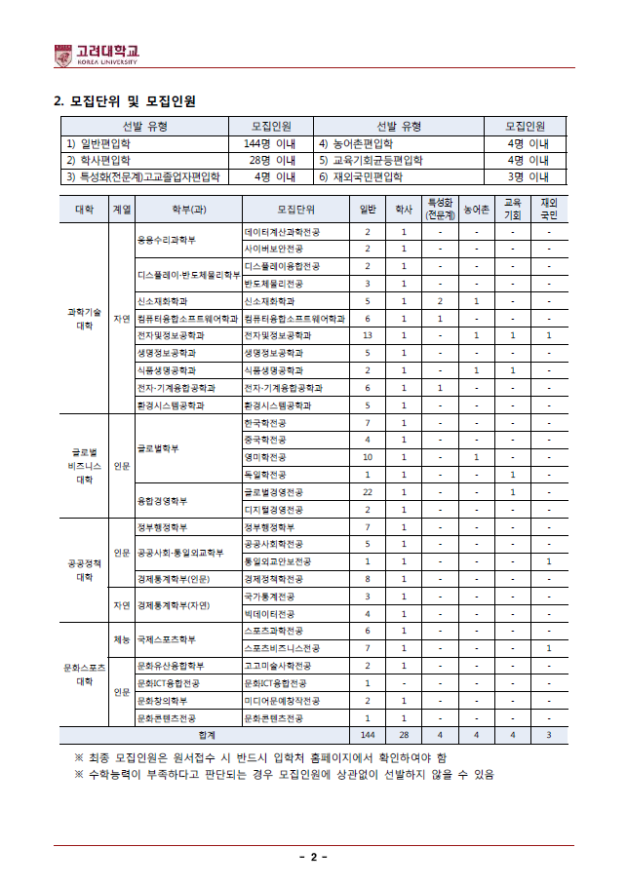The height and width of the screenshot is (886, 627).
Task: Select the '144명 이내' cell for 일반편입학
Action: click(270, 143)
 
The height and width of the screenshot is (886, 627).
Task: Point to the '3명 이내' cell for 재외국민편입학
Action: click(529, 176)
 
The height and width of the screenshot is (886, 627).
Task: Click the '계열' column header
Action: click(122, 209)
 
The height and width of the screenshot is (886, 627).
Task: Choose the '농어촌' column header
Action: click(476, 209)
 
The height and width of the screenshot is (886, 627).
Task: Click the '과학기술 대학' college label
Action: click(85, 318)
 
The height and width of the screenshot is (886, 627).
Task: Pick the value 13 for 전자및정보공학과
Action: click(368, 334)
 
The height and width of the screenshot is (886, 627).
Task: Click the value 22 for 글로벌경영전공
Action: click(368, 492)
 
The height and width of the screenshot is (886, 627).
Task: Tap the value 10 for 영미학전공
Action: click(368, 457)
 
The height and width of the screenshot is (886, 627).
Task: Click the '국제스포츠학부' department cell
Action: click(168, 639)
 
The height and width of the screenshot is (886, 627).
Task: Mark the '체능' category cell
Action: click(122, 639)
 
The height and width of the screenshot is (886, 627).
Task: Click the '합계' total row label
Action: click(206, 734)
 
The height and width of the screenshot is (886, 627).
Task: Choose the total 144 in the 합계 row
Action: click(368, 734)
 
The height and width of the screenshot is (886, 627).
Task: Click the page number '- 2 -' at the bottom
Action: click(313, 857)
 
